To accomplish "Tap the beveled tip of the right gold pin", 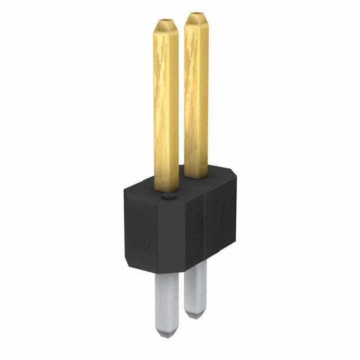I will tap(196, 19).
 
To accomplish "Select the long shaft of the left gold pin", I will tap(166, 101).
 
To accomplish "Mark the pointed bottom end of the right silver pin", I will tap(196, 312).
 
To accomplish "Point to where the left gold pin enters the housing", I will tap(166, 188).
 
